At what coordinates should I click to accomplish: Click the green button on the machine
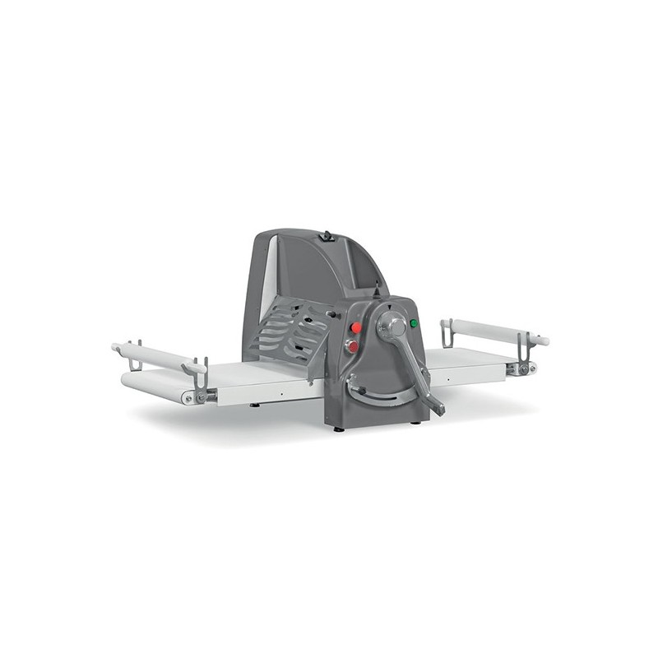(x=414, y=323)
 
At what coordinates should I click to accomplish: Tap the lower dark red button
(x=353, y=346)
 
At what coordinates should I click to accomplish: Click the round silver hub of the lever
(x=392, y=326)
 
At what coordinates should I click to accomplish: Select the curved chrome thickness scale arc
(x=387, y=399)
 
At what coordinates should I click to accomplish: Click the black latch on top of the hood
(x=327, y=236)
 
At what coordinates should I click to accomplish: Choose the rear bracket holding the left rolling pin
(x=133, y=351)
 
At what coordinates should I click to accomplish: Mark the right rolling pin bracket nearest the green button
(x=446, y=331)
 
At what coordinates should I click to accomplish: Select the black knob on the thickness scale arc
(x=351, y=381)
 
